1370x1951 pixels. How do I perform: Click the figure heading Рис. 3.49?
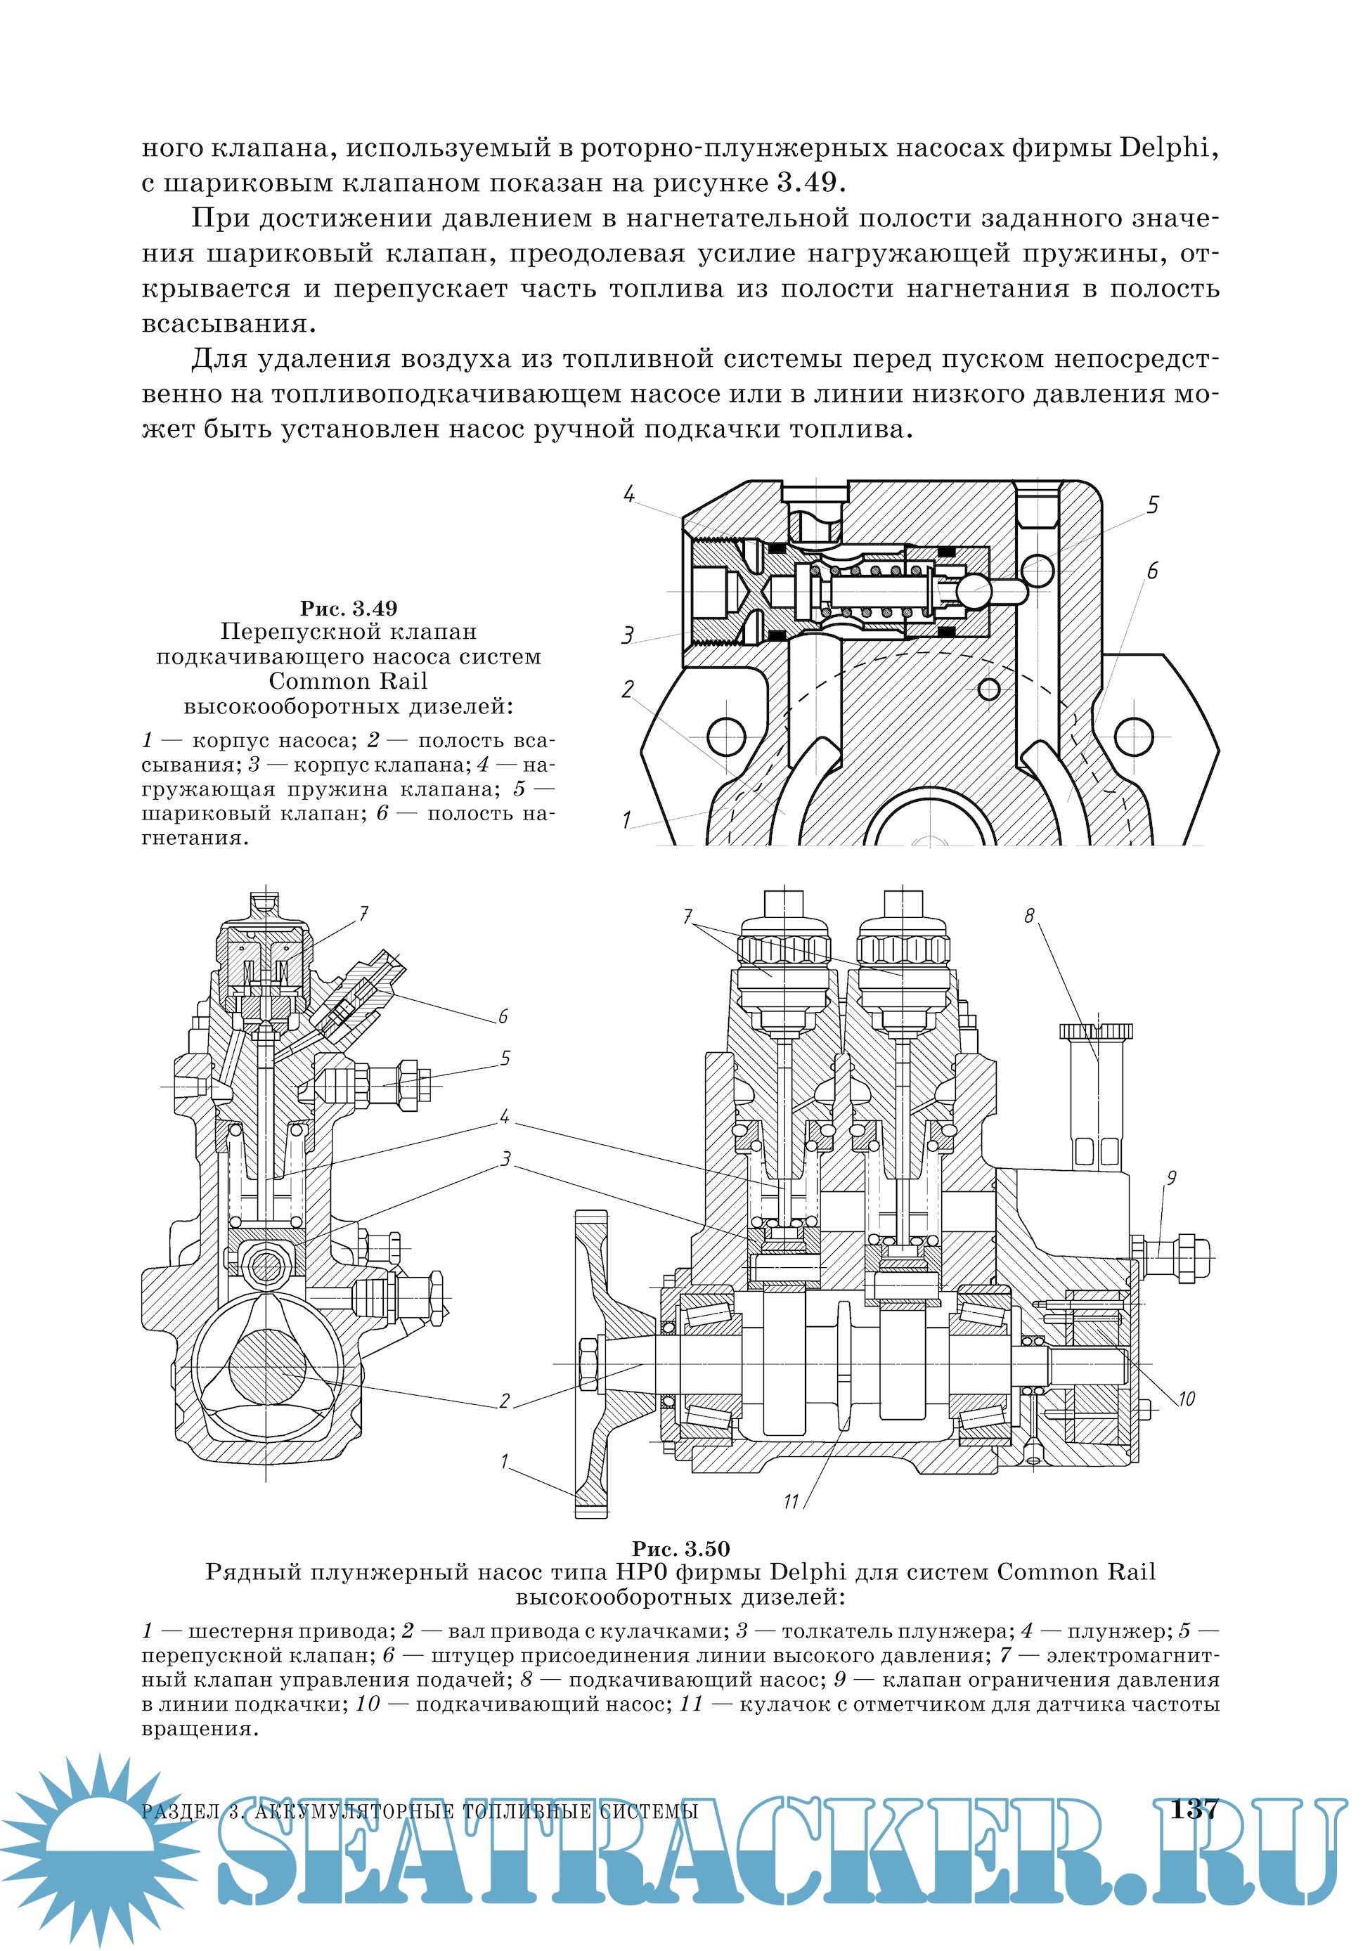(x=349, y=609)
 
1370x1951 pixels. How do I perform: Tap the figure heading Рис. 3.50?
(x=680, y=1548)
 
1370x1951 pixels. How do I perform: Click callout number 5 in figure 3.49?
(x=1152, y=505)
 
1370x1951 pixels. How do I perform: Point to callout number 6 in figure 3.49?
(x=1152, y=571)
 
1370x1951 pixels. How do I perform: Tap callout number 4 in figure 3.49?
(x=629, y=495)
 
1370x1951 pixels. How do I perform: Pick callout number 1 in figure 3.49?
(x=626, y=821)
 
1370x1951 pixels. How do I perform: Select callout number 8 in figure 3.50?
(x=1030, y=916)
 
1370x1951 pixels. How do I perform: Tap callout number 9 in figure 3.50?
(x=1171, y=1178)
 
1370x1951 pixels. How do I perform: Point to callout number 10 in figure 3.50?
(x=1187, y=1399)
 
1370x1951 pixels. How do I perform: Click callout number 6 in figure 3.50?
(x=503, y=1016)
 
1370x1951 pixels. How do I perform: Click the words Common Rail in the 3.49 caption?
(x=348, y=682)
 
